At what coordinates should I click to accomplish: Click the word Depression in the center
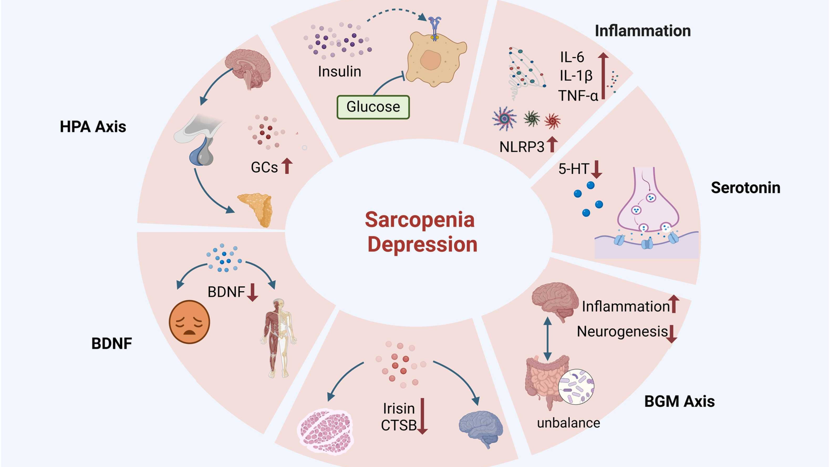(422, 244)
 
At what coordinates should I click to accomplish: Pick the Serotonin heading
(745, 188)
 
